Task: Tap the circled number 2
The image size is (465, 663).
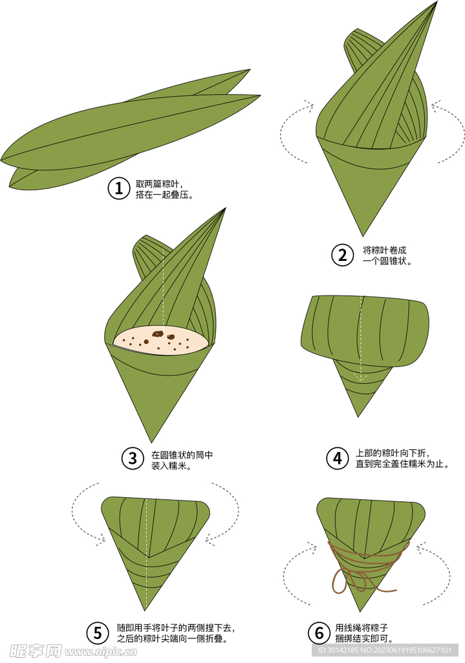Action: (x=342, y=255)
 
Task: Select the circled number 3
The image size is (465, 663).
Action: (x=132, y=459)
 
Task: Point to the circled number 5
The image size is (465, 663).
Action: (x=98, y=633)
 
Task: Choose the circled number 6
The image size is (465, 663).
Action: (x=319, y=633)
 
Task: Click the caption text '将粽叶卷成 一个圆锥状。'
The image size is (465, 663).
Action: (x=387, y=255)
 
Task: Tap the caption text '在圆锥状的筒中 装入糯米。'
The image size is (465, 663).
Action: (x=182, y=460)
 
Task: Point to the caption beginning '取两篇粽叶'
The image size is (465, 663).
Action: (x=164, y=188)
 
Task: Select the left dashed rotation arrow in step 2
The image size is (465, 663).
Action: (x=292, y=133)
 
